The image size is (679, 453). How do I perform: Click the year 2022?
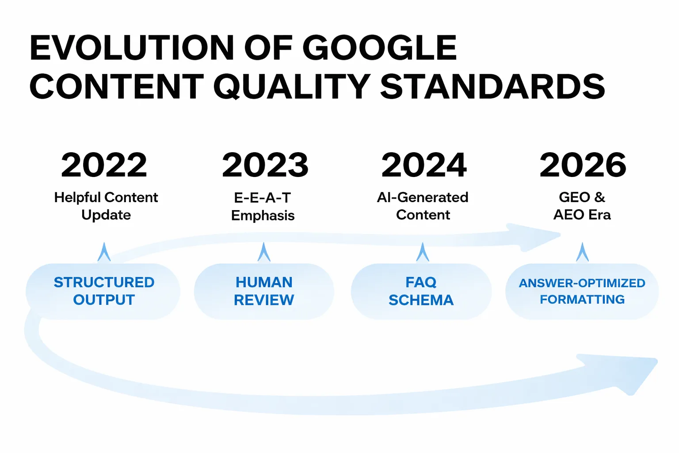104,165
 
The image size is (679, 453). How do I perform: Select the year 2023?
265,165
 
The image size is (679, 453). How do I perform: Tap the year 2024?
423,165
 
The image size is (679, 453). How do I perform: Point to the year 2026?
583,165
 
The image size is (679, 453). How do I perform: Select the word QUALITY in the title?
292,87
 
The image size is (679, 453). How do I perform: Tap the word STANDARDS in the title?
492,87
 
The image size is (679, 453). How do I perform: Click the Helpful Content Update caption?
106,206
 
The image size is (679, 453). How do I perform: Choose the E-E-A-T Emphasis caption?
263,206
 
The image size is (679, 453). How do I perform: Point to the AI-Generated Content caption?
423,206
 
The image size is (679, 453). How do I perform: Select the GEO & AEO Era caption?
582,206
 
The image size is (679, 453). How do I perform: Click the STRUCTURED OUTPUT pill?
103,291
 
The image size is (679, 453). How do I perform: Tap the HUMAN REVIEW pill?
264,291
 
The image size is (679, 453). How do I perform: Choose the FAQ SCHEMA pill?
421,291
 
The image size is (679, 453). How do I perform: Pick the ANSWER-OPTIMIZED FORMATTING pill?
582,291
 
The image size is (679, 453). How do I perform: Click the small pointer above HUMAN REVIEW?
264,253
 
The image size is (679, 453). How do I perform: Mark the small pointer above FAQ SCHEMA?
423,253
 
